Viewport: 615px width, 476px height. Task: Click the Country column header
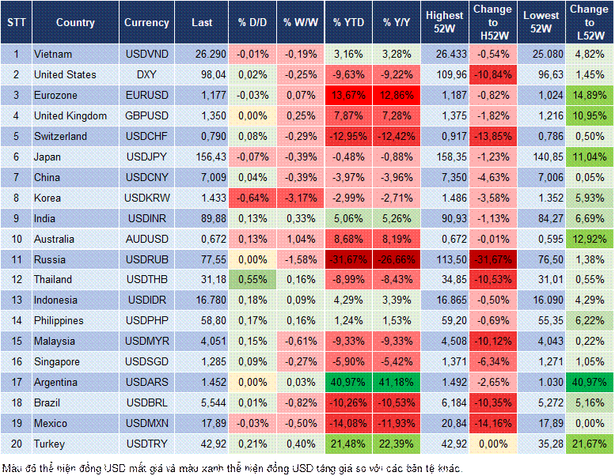(75, 23)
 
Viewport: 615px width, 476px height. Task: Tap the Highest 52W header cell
(444, 23)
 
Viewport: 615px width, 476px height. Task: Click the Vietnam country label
(53, 54)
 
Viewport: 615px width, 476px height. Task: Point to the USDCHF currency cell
(146, 136)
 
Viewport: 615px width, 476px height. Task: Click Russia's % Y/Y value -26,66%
(397, 259)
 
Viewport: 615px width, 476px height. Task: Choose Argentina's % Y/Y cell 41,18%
(397, 382)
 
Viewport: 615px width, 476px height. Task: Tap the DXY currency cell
(146, 74)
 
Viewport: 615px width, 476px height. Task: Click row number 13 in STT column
(16, 300)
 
